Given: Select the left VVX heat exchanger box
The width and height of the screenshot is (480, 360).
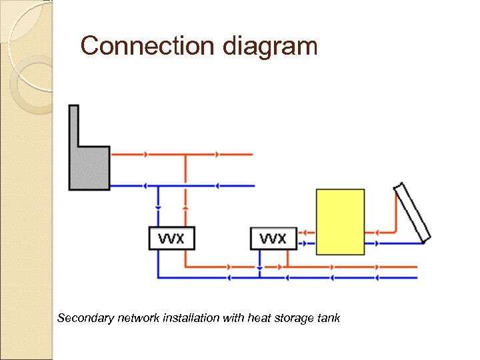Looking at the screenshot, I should [x=171, y=238].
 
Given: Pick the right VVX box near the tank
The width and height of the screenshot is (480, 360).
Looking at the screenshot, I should [x=273, y=238].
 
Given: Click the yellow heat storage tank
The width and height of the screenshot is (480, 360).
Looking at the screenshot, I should [x=340, y=221].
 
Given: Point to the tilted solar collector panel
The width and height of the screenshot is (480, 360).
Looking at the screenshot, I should [x=412, y=212].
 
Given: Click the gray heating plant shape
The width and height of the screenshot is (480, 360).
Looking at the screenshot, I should [x=89, y=167].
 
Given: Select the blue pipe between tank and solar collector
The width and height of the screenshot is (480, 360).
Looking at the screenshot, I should [x=393, y=243].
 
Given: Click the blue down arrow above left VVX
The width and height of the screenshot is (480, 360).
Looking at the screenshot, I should [x=158, y=207].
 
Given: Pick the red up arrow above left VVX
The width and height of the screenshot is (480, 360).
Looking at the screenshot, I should [x=185, y=207].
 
